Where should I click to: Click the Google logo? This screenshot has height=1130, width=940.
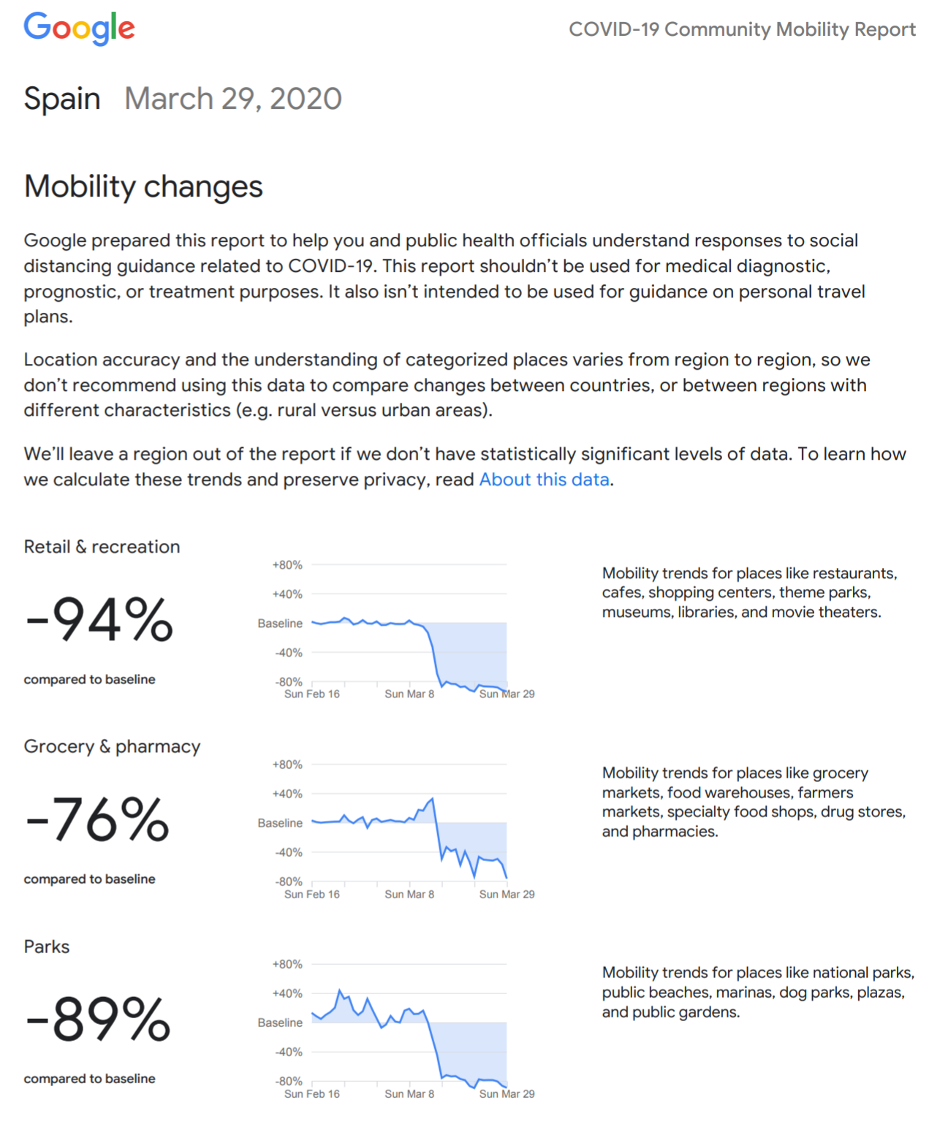point(79,28)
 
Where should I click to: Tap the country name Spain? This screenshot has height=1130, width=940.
point(61,99)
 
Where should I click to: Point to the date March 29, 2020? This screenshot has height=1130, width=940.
point(232,99)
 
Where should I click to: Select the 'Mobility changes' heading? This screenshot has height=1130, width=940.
point(143,186)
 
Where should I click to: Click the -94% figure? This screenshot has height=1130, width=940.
point(99,618)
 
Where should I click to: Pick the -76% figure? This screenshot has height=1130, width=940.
point(97,819)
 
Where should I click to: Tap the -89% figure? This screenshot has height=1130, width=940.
point(98,1018)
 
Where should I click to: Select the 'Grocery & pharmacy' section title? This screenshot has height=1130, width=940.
point(112,746)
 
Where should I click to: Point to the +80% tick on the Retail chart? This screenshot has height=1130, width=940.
point(287,564)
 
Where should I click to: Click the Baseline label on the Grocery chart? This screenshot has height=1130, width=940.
point(280,822)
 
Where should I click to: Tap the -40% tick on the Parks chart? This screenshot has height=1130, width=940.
point(288,1052)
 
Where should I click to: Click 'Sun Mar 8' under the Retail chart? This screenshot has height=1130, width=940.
point(409,693)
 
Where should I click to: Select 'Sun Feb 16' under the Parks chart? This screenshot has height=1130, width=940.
point(311,1093)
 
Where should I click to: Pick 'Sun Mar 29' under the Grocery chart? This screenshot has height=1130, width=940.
point(507,893)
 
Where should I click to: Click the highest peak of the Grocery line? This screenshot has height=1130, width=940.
point(432,798)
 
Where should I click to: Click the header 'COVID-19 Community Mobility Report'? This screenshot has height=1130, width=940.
point(742,29)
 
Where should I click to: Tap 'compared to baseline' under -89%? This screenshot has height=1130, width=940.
point(89,1078)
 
